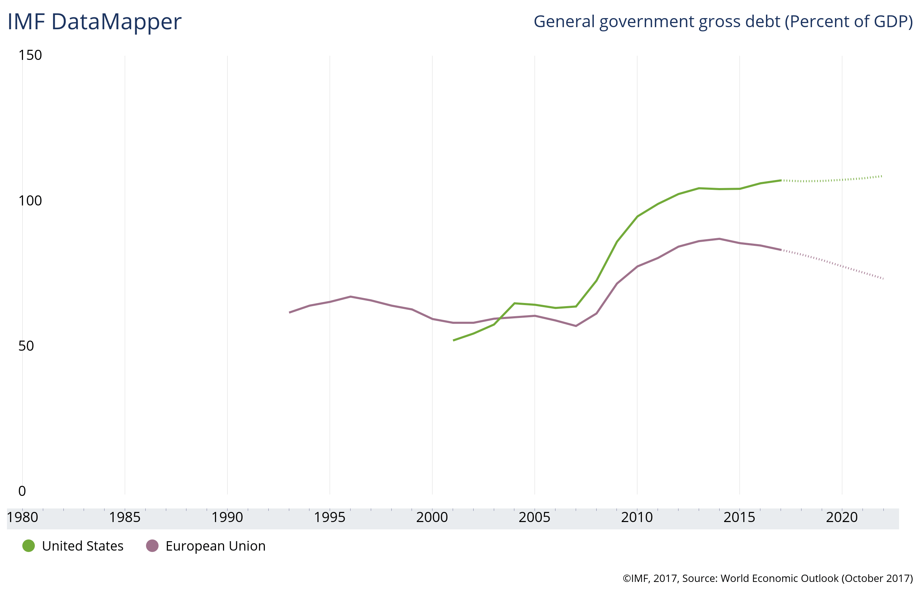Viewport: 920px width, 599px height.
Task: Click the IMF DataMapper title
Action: tap(94, 22)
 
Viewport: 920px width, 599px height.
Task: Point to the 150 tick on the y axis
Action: tap(30, 55)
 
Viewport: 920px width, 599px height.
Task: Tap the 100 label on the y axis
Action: tap(30, 201)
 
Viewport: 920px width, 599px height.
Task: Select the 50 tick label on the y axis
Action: tap(26, 346)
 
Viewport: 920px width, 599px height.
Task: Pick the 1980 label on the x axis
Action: tap(22, 517)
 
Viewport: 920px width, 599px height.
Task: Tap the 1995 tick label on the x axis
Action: tap(329, 517)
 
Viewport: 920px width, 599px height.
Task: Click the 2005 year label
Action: tap(534, 517)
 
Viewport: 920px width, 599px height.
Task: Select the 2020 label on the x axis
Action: tap(842, 517)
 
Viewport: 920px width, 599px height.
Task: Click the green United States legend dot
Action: tap(29, 546)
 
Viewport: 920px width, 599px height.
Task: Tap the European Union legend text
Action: tap(215, 546)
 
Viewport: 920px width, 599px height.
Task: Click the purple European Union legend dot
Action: tap(152, 546)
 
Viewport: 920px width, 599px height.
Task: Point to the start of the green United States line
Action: tap(453, 340)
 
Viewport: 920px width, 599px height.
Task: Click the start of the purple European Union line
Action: tap(289, 312)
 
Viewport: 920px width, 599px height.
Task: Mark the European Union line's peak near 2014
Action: tap(719, 239)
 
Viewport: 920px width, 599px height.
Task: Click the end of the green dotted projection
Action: tap(882, 176)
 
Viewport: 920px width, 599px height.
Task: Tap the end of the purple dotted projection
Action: tap(883, 279)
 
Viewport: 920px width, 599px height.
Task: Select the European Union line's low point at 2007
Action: tap(576, 326)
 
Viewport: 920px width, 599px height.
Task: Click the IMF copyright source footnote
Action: tap(768, 578)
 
